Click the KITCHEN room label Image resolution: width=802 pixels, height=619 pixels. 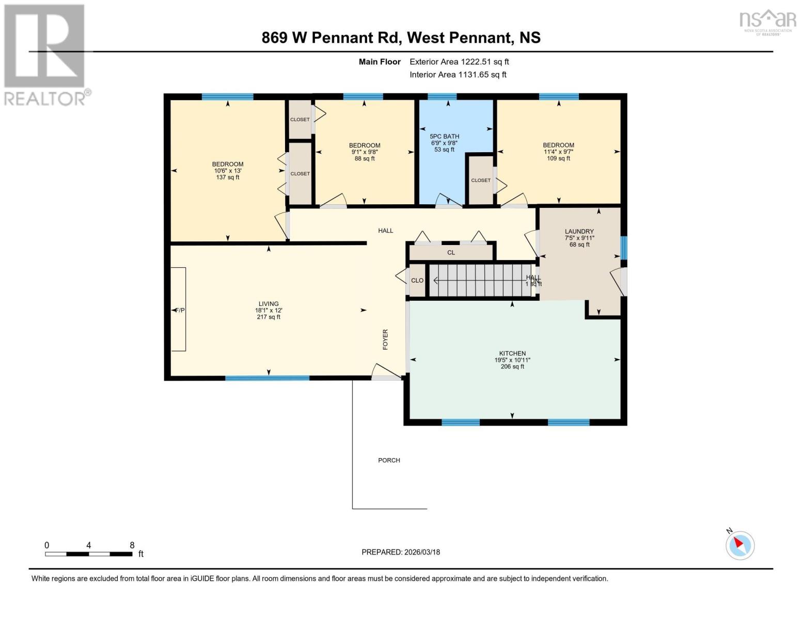click(512, 354)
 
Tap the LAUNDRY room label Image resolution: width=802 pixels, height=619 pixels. click(579, 232)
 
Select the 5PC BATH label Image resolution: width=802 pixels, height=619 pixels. click(444, 137)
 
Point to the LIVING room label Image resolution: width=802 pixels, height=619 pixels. click(269, 304)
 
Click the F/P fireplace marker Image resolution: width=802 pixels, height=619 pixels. click(179, 310)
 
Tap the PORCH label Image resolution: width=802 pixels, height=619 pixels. click(389, 460)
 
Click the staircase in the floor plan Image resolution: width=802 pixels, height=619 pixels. click(480, 280)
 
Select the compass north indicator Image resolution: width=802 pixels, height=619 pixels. click(740, 545)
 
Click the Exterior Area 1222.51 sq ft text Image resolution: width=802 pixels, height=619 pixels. click(459, 62)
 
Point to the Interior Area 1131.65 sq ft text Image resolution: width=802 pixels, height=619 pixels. click(458, 75)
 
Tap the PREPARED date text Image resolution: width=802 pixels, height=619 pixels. click(401, 552)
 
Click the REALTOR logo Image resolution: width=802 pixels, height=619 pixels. click(45, 54)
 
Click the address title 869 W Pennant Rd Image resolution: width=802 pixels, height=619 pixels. click(401, 38)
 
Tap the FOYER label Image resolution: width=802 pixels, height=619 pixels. click(385, 339)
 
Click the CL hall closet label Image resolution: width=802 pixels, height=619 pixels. click(451, 253)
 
